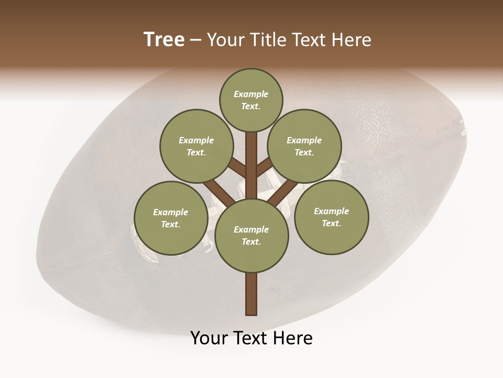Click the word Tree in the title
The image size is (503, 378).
click(164, 40)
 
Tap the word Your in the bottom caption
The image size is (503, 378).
click(209, 338)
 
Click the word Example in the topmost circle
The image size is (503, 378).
click(251, 94)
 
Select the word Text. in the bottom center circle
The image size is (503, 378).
click(251, 242)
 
